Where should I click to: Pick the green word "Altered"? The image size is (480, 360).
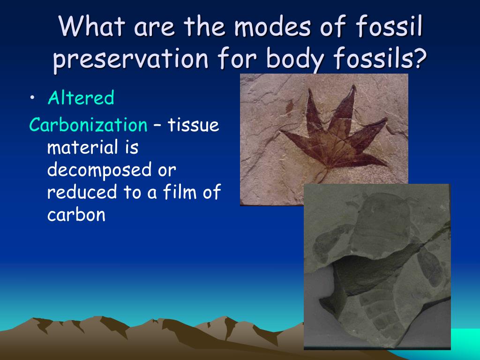click(x=81, y=98)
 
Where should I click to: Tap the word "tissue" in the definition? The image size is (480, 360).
click(x=194, y=125)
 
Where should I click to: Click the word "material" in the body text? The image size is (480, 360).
click(x=82, y=148)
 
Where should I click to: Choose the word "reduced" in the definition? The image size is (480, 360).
click(x=82, y=192)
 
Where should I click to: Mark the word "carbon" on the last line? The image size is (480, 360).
click(x=76, y=215)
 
